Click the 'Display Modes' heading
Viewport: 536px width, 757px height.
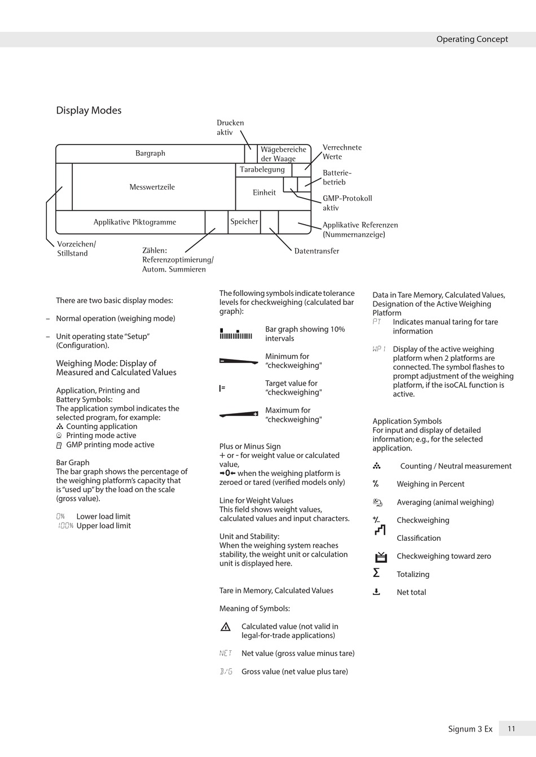(x=89, y=111)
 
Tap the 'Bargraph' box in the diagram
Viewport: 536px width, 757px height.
(x=150, y=154)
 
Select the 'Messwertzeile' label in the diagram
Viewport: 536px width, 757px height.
(x=152, y=187)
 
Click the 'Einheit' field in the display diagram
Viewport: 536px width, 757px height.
(x=264, y=192)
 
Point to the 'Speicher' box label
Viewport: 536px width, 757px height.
(x=244, y=222)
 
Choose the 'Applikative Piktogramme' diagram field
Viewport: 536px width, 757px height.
(x=135, y=222)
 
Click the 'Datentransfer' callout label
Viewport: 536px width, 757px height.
(x=317, y=251)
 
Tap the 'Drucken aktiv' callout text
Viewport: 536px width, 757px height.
(x=230, y=128)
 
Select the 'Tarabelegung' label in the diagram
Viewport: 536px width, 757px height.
(x=262, y=169)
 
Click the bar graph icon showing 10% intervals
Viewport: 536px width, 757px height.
(x=236, y=334)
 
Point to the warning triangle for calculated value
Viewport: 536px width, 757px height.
(x=226, y=627)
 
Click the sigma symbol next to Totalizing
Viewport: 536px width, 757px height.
(x=376, y=573)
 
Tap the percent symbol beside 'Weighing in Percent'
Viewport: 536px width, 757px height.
(x=376, y=484)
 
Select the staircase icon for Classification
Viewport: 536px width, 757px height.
(x=380, y=530)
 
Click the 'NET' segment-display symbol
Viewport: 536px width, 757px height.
(x=226, y=653)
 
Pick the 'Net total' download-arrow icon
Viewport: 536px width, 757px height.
(x=376, y=592)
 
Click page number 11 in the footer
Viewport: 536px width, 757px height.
(x=511, y=729)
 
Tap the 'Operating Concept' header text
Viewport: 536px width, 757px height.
(x=472, y=39)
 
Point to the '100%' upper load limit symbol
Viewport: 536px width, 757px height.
(x=65, y=526)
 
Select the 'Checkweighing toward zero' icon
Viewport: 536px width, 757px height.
(x=381, y=557)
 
